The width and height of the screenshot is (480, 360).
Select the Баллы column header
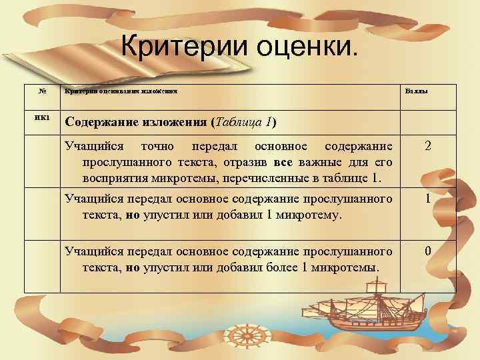[x=416, y=92]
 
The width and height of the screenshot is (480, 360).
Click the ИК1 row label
[x=42, y=118]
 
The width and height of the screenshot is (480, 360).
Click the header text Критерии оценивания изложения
[x=121, y=92]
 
